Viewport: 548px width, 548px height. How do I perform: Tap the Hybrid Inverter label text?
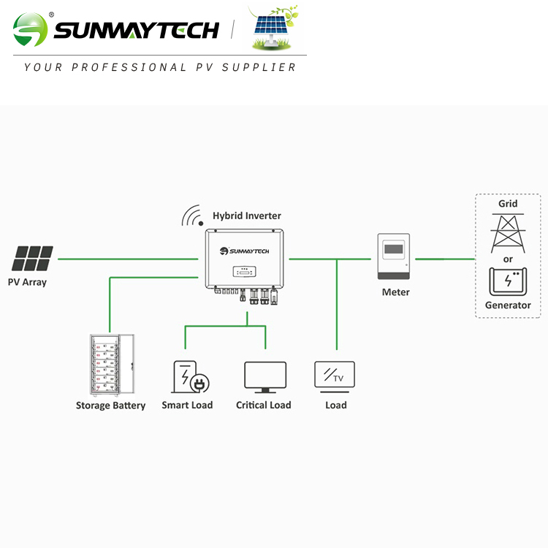click(x=246, y=216)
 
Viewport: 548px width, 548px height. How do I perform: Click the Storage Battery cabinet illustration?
click(x=110, y=363)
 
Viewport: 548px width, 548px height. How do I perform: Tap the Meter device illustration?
click(x=395, y=257)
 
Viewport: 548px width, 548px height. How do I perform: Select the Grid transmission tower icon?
click(x=508, y=232)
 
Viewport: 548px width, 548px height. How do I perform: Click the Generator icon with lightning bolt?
click(x=508, y=282)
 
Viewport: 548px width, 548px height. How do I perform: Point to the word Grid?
click(x=508, y=204)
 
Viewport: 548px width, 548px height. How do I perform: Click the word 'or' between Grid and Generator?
click(x=508, y=259)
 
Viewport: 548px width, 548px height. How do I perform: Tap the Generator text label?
click(x=508, y=305)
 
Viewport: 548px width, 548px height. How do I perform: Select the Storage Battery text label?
click(x=110, y=406)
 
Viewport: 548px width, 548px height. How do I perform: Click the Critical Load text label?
click(x=264, y=406)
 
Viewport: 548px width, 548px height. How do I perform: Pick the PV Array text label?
click(x=27, y=282)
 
